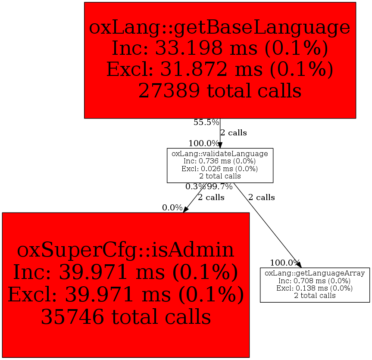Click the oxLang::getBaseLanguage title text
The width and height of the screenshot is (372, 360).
[x=219, y=27]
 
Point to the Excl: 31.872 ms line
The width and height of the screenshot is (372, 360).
[x=219, y=69]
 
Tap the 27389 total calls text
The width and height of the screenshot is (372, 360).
[x=219, y=90]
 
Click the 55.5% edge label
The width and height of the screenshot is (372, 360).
[x=206, y=122]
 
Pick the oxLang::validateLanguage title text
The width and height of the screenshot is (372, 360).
[x=220, y=153]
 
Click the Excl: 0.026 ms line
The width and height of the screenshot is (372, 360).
[x=220, y=169]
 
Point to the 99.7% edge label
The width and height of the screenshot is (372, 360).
[x=220, y=187]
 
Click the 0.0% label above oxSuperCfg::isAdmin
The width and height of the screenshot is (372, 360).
[x=172, y=208]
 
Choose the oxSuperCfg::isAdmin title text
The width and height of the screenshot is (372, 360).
[x=125, y=250]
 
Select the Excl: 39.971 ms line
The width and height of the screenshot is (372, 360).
[x=125, y=295]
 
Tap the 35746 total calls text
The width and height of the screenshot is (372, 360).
[x=125, y=317]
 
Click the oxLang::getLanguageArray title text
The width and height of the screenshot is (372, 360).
[x=315, y=273]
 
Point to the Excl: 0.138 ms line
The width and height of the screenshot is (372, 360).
[x=315, y=288]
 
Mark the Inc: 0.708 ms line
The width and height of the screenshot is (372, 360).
[x=315, y=281]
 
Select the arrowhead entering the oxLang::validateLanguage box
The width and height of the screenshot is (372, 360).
[x=220, y=145]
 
